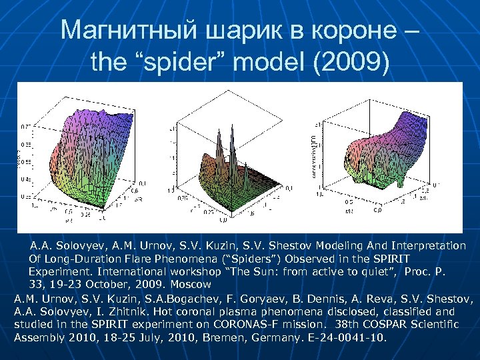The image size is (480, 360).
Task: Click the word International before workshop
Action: (125, 272)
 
